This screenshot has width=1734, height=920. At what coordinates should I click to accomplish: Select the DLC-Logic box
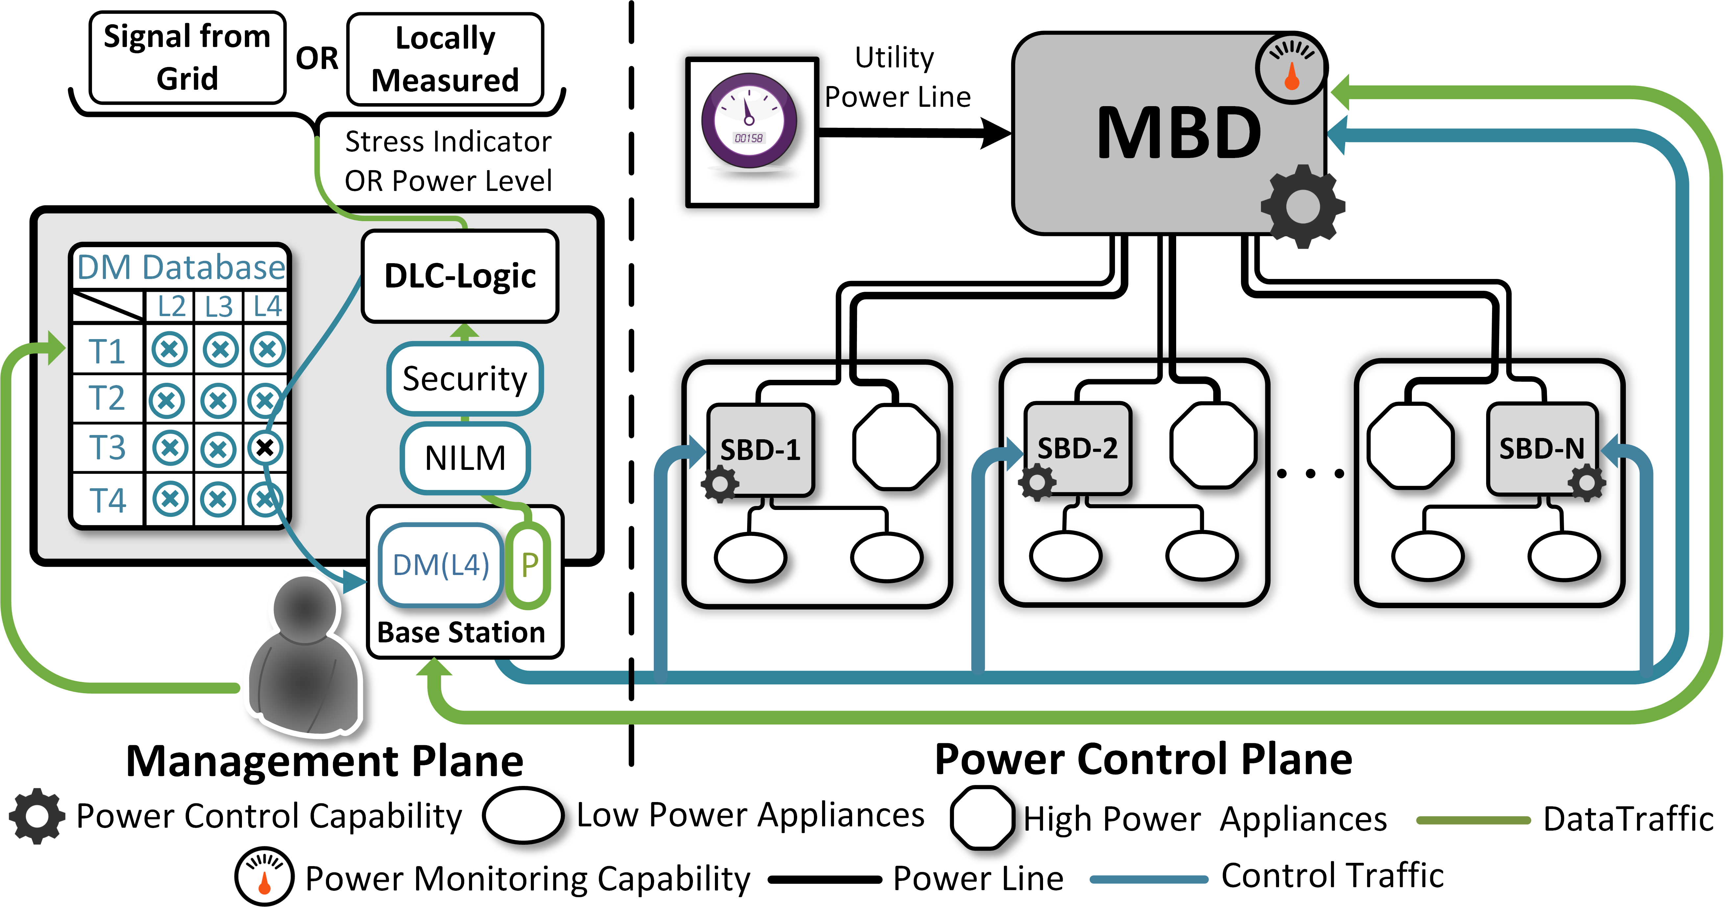click(461, 276)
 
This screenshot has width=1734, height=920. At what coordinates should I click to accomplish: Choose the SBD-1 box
click(761, 449)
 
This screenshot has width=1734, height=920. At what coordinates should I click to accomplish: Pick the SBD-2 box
click(1077, 448)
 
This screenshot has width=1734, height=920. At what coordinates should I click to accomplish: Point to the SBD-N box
click(1541, 448)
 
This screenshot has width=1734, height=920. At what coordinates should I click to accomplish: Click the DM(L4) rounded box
click(441, 565)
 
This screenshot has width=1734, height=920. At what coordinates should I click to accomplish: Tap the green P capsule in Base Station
click(529, 565)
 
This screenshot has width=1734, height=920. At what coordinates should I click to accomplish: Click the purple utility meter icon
click(749, 121)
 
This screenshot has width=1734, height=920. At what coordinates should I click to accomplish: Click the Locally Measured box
click(445, 59)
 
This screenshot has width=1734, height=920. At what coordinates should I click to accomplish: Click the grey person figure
click(305, 656)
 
